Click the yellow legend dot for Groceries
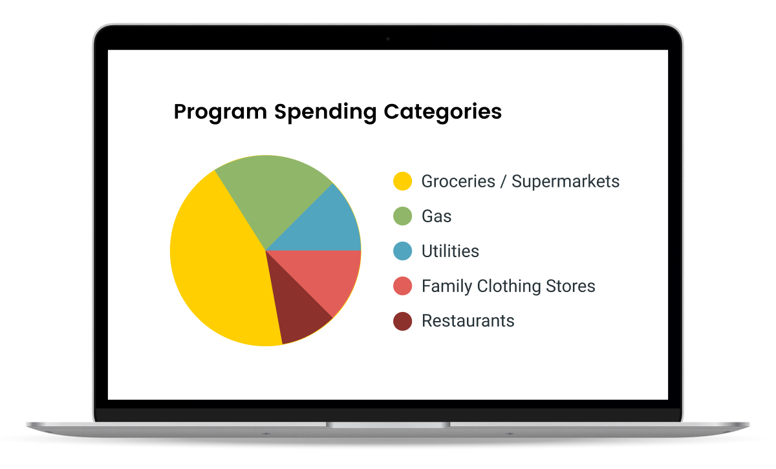point(402,181)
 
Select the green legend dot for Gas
point(402,216)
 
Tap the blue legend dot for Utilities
point(402,251)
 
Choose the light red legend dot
point(402,286)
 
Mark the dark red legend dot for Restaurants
point(402,321)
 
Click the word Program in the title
point(221,112)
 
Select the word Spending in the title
point(325,112)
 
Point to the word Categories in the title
point(443,112)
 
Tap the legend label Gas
point(436,216)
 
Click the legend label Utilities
point(450,251)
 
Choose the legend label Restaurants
point(468,321)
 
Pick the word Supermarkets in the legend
point(566,182)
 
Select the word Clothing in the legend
point(508,286)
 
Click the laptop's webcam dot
point(388,39)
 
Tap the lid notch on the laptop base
point(388,424)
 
